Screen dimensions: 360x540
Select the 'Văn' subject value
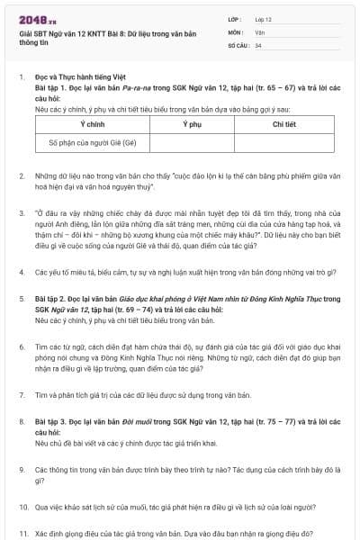(260, 31)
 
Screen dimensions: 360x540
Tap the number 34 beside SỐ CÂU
(258, 44)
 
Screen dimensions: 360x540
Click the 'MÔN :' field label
(236, 31)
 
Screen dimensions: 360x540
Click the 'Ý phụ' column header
(191, 124)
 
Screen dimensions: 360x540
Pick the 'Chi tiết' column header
(283, 124)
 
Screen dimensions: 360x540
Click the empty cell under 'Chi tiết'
(283, 142)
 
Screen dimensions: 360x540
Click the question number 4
(21, 271)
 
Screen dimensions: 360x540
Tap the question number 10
(22, 507)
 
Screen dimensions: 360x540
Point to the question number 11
(22, 532)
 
